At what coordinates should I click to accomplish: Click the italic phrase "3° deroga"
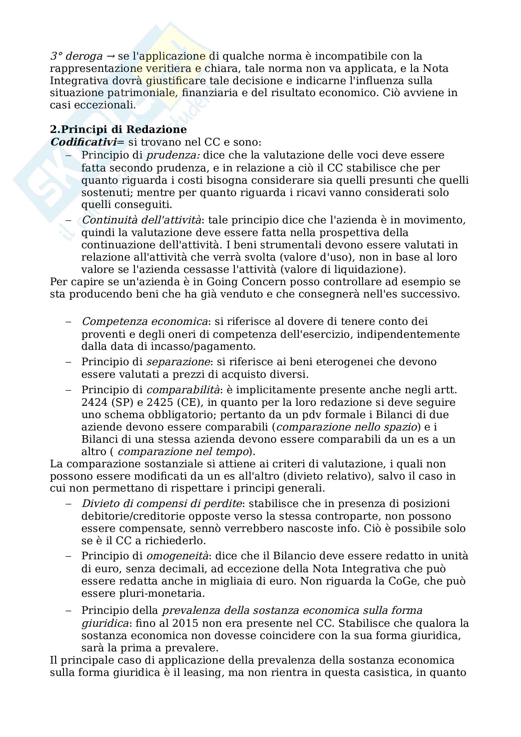coord(76,56)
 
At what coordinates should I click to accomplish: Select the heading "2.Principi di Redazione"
coord(118,130)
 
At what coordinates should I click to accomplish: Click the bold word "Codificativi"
coord(83,142)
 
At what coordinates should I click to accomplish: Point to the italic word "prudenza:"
coord(173,155)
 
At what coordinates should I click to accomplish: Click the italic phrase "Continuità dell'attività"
coord(142,220)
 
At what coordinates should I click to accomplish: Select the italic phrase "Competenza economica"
coord(144,322)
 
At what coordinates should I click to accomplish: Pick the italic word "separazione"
coord(178,362)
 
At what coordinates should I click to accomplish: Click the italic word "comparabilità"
coord(183,390)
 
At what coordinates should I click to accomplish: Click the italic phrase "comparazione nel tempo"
coord(183,452)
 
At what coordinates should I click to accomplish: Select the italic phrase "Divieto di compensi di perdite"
coord(161,504)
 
